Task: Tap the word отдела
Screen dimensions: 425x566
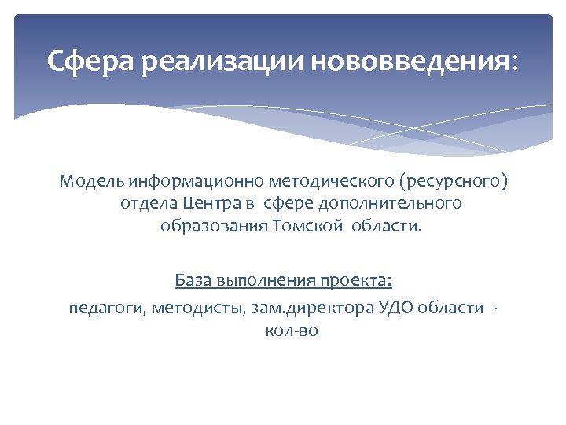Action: pyautogui.click(x=149, y=204)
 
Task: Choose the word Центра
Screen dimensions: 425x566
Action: pyautogui.click(x=211, y=204)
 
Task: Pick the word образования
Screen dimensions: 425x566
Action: pyautogui.click(x=214, y=227)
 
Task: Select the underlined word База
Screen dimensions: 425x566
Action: pyautogui.click(x=193, y=280)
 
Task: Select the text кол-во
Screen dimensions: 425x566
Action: pyautogui.click(x=292, y=331)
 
